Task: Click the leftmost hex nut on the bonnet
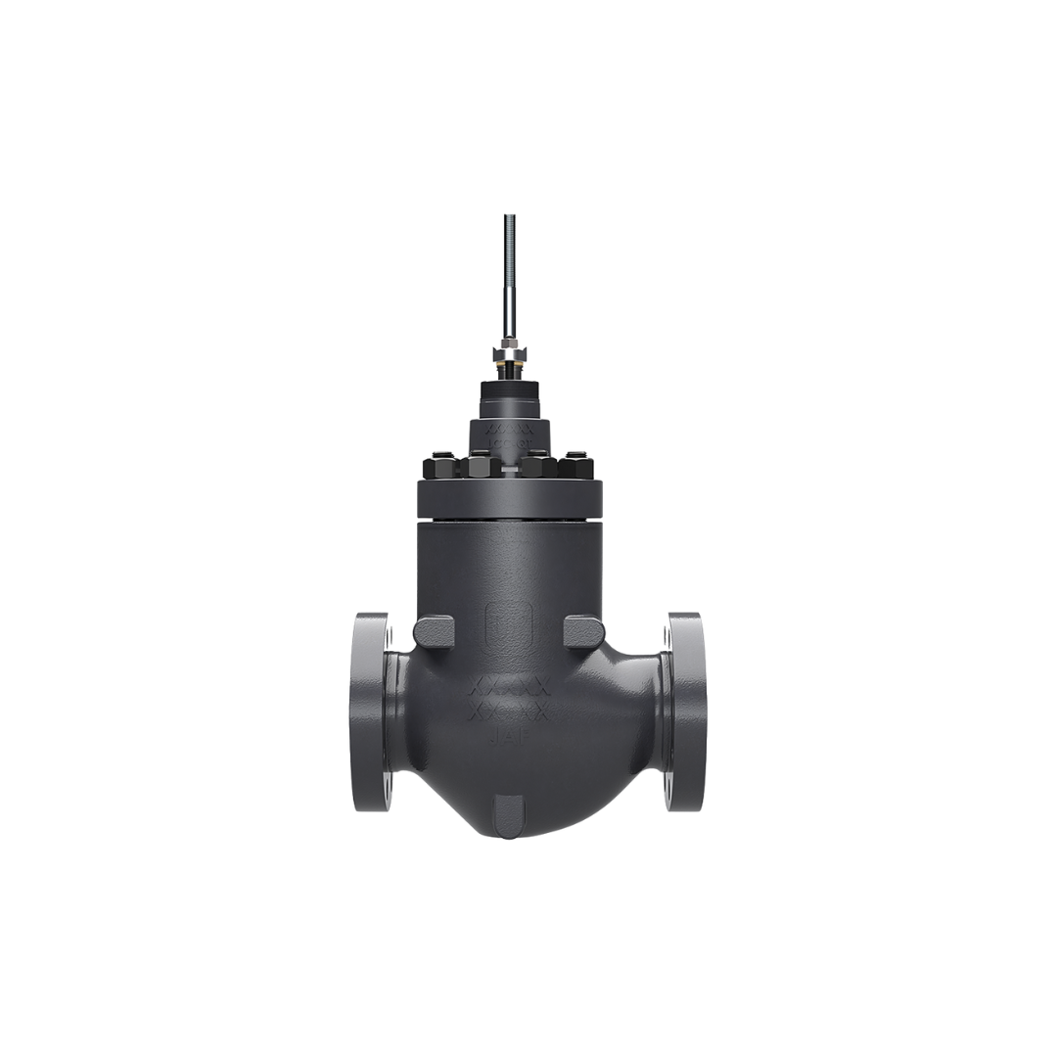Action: coord(437,468)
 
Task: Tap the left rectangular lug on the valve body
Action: coord(434,630)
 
